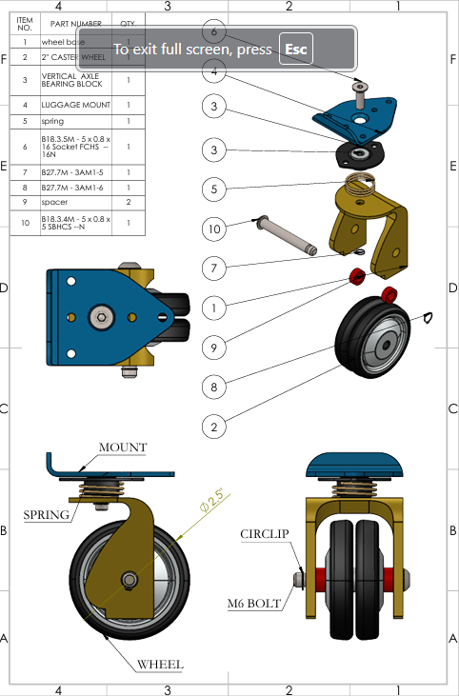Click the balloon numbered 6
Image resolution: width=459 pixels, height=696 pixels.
tap(215, 30)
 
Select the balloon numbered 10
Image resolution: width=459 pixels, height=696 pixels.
tap(215, 229)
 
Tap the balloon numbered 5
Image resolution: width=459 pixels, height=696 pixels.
tap(215, 189)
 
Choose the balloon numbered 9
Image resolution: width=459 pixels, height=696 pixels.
tap(215, 348)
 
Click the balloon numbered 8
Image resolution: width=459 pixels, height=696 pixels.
tap(215, 387)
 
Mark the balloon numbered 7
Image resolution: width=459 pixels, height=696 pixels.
tap(215, 268)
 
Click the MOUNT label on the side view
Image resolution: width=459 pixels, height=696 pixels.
tap(123, 447)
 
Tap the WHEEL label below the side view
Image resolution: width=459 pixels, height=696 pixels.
tap(160, 664)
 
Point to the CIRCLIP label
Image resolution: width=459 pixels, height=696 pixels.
tap(264, 533)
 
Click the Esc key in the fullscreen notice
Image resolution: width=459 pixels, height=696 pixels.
tap(296, 49)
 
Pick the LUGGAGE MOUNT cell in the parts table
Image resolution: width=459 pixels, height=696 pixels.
tap(77, 105)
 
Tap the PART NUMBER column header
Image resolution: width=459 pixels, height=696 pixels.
tap(75, 22)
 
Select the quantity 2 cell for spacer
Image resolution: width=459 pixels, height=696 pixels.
tap(129, 202)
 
